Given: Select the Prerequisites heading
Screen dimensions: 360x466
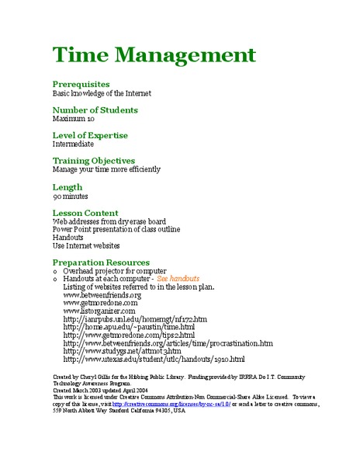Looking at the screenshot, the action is pos(81,84).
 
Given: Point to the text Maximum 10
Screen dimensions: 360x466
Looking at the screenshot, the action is pos(74,119).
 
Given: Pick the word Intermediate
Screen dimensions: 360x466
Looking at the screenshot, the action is pos(73,144).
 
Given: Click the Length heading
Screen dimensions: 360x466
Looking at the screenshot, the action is pos(67,187).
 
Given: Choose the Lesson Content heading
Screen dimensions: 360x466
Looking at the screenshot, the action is pos(85,213).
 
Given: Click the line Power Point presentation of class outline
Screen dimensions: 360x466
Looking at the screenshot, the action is pos(116,230).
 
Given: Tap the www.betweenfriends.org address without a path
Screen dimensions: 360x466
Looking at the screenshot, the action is pos(102,295).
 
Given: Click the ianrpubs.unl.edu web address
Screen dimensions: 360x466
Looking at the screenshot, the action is pos(135,319).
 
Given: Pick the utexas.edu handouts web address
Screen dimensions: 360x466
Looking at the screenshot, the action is pos(154,360).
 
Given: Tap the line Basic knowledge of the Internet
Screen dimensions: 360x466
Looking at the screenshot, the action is pos(102,92).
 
